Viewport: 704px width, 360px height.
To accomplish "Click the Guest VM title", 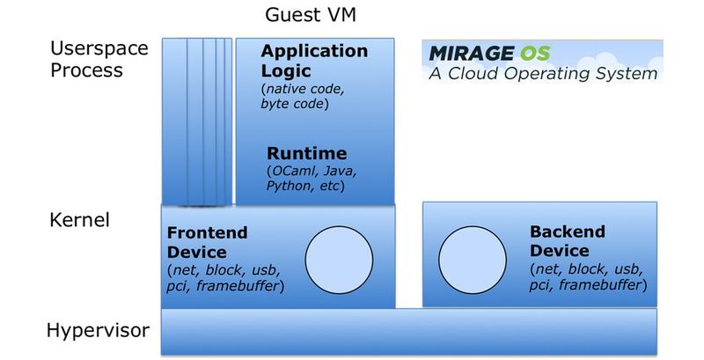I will [311, 15].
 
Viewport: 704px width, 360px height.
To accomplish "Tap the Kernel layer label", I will [79, 219].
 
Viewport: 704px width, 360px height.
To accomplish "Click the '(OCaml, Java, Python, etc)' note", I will [305, 179].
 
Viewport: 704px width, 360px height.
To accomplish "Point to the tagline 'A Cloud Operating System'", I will [543, 74].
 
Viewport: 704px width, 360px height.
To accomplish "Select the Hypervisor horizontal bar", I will [408, 330].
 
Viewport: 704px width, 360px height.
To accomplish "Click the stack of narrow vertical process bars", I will [197, 121].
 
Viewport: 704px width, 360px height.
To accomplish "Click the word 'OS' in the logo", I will [546, 52].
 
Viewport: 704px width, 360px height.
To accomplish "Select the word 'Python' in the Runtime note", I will [288, 187].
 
